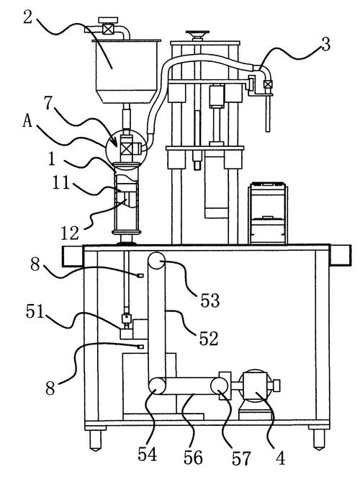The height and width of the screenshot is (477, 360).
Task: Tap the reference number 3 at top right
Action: tap(325, 44)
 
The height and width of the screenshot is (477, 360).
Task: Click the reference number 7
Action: tap(49, 103)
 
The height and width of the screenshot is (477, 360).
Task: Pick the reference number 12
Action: tap(70, 233)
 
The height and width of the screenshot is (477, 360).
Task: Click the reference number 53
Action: tap(210, 300)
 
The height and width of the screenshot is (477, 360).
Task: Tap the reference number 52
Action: tap(209, 338)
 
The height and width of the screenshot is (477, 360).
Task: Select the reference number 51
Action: tap(35, 311)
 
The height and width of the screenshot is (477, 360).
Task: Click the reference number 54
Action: tap(147, 454)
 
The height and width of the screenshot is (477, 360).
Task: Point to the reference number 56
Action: tap(193, 458)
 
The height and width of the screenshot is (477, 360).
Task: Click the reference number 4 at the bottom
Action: tap(280, 458)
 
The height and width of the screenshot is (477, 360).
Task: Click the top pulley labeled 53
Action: tap(156, 261)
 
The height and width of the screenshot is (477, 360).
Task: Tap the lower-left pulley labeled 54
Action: tap(157, 385)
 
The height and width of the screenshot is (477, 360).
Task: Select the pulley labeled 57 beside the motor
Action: tap(220, 385)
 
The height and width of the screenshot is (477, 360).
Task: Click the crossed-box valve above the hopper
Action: tap(108, 30)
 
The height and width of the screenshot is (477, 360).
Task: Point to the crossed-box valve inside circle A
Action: tap(127, 148)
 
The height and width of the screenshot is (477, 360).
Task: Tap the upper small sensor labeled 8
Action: tap(140, 275)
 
